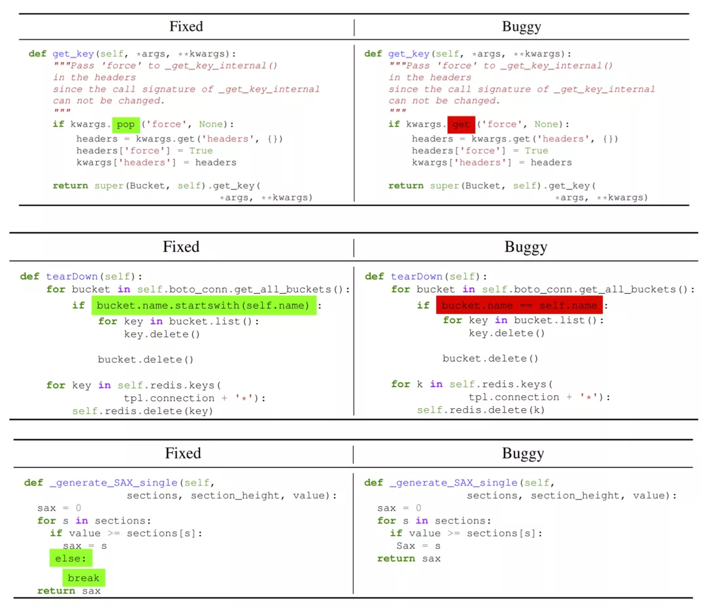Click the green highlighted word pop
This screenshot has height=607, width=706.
point(126,124)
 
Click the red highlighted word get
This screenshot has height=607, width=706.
point(461,124)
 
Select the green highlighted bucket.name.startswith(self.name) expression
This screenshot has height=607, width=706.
point(203,305)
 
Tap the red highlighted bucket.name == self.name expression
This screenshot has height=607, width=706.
point(519,305)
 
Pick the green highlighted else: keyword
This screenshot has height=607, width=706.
point(69,559)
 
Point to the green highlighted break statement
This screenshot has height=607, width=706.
point(84,578)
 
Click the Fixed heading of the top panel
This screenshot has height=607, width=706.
point(186,27)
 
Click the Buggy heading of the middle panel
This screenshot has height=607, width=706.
point(526,247)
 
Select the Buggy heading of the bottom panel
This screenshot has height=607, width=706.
point(522,454)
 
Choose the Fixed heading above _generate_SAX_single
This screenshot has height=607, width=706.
point(182,454)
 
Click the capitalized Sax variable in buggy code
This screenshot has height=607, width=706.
point(405,546)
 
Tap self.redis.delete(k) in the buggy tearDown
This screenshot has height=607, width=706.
point(480,409)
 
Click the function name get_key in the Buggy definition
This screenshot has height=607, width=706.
point(408,54)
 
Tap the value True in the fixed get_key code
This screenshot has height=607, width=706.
point(201,150)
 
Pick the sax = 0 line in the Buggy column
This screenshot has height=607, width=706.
point(399,508)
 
